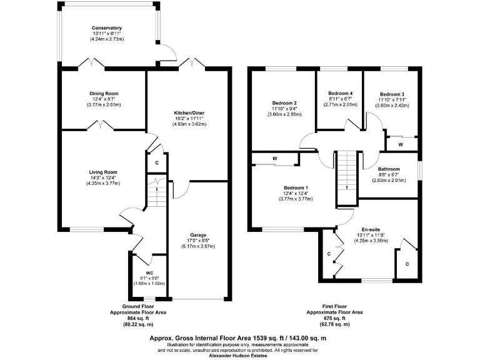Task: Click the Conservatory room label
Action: point(106,28)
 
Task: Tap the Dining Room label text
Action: point(104,93)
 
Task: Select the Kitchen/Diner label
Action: point(189,112)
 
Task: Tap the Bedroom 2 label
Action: point(284,103)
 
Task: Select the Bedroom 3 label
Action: point(392,94)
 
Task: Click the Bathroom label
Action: point(391,169)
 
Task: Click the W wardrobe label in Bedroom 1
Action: point(274,159)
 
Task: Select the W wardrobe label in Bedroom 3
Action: point(400,144)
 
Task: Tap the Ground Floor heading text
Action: point(140,306)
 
